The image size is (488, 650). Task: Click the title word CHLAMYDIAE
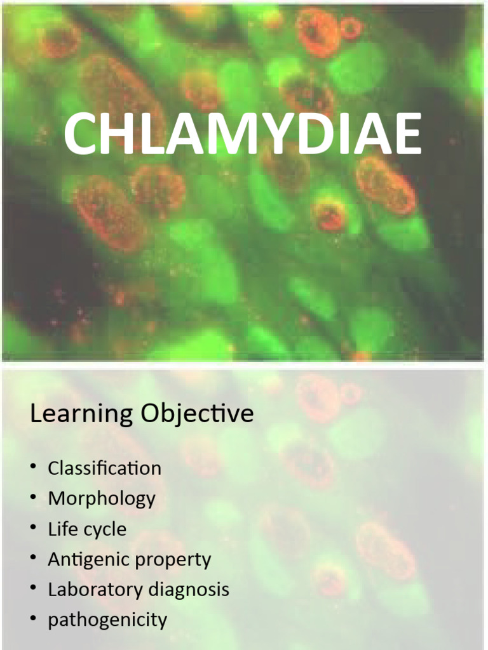(x=242, y=135)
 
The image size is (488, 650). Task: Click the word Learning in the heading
(x=82, y=415)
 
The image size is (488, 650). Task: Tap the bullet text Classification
(x=104, y=468)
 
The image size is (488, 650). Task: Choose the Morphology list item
(x=102, y=499)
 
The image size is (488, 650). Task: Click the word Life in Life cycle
(x=61, y=529)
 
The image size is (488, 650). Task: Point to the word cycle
(x=104, y=529)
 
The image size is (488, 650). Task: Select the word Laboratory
(x=95, y=590)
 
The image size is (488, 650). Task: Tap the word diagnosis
(x=189, y=590)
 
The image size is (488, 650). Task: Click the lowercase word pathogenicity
(x=107, y=620)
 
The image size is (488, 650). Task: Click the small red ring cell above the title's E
(x=351, y=28)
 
